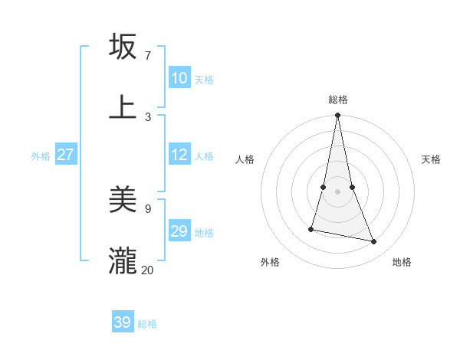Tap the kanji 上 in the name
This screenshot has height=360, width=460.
pyautogui.click(x=123, y=106)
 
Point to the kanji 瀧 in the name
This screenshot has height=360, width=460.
pyautogui.click(x=123, y=260)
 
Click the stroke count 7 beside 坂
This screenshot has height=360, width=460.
pyautogui.click(x=148, y=56)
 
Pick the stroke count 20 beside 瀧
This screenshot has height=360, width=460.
pyautogui.click(x=148, y=270)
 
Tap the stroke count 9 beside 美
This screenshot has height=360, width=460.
pyautogui.click(x=148, y=208)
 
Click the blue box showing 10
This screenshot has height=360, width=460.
pyautogui.click(x=179, y=78)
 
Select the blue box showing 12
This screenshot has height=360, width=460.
pyautogui.click(x=179, y=155)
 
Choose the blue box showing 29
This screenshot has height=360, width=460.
pyautogui.click(x=179, y=231)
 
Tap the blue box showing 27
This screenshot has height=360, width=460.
pyautogui.click(x=66, y=155)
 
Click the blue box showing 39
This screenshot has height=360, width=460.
pyautogui.click(x=123, y=322)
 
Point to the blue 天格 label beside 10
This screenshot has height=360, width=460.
pyautogui.click(x=204, y=80)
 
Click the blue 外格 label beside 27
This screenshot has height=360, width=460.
pyautogui.click(x=41, y=156)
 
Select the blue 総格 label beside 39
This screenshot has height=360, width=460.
pyautogui.click(x=147, y=324)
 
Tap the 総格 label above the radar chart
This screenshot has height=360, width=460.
pyautogui.click(x=338, y=100)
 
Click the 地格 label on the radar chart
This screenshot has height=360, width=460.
pyautogui.click(x=402, y=262)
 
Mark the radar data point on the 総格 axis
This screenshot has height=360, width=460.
pyautogui.click(x=338, y=116)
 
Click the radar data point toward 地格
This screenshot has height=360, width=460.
pyautogui.click(x=374, y=241)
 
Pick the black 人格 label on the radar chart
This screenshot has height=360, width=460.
pyautogui.click(x=245, y=159)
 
